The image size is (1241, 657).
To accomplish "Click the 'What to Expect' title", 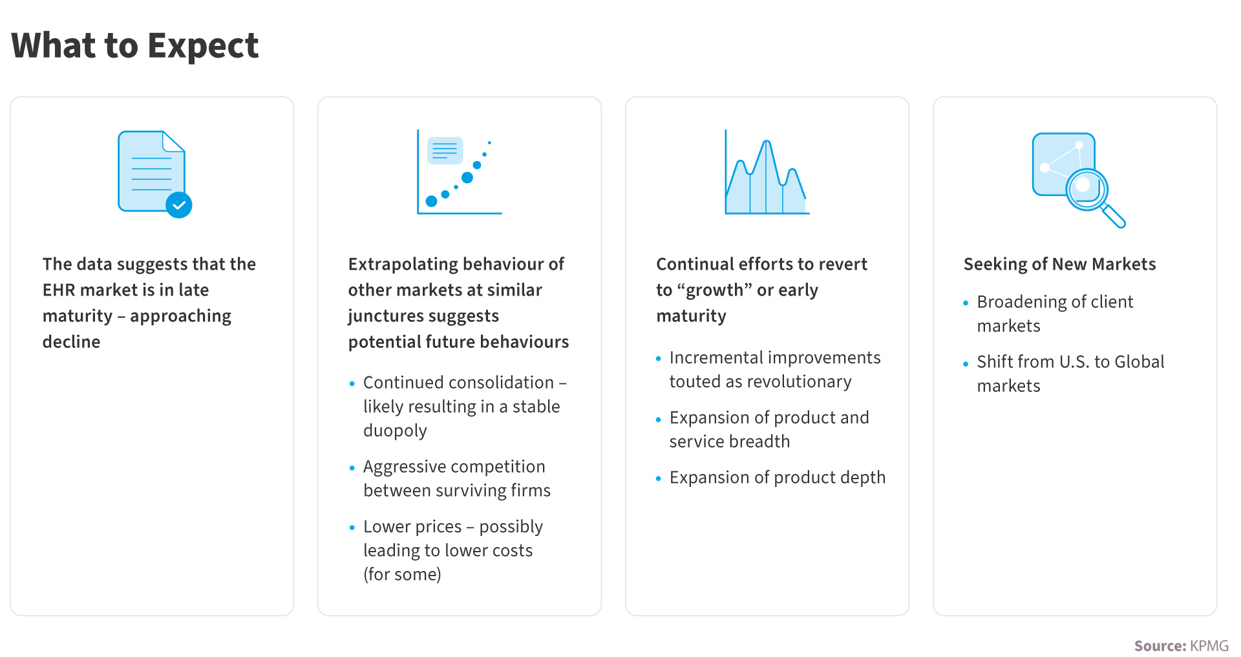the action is [x=135, y=46].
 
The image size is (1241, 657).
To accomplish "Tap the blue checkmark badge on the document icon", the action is [x=179, y=205].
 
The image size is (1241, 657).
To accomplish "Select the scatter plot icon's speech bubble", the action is [x=445, y=150].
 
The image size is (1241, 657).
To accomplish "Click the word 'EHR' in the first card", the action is [x=59, y=290].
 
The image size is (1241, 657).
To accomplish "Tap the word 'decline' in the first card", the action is [x=71, y=341].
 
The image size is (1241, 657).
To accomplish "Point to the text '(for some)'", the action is [x=402, y=574].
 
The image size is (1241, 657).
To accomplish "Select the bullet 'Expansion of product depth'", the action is [x=778, y=478].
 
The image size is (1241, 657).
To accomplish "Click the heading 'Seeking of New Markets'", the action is [x=1059, y=264].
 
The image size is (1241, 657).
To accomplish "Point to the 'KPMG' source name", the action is [x=1209, y=645].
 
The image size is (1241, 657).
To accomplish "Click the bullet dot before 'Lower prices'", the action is [x=352, y=528].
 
